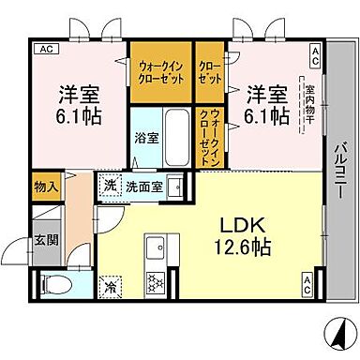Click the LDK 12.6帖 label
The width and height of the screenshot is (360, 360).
[246, 237]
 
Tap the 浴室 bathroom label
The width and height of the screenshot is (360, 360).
[145, 137]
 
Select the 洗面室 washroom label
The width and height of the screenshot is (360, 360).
[145, 185]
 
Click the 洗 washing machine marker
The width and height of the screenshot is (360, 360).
[111, 184]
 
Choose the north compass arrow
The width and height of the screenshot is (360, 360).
[333, 331]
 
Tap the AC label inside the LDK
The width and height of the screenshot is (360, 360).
[307, 278]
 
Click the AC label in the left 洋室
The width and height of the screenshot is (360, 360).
[43, 49]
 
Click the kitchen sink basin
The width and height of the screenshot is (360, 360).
[156, 248]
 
